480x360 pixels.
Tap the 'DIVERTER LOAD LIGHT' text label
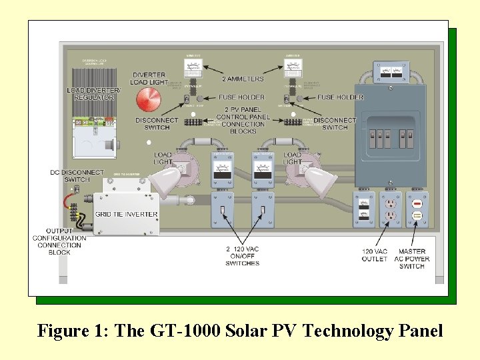[149, 79]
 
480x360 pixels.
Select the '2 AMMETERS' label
[242, 79]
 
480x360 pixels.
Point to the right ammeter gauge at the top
[292, 67]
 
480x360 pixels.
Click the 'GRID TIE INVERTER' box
[126, 213]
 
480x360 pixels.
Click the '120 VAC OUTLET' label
[375, 255]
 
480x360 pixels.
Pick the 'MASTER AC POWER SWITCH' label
[411, 259]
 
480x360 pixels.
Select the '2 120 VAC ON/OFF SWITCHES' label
[242, 256]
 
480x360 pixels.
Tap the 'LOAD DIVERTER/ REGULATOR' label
[94, 94]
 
